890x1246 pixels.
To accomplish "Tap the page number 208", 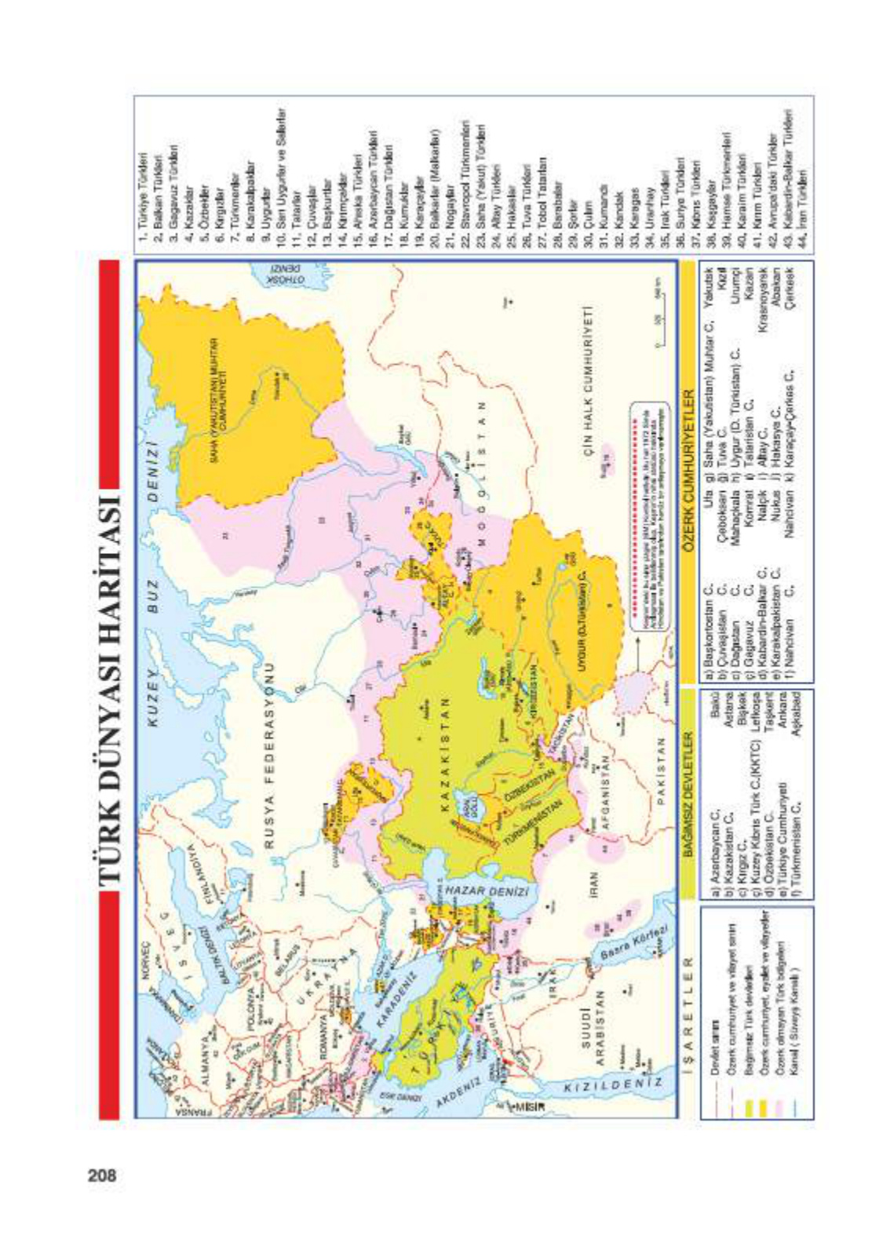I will click(102, 1175).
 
